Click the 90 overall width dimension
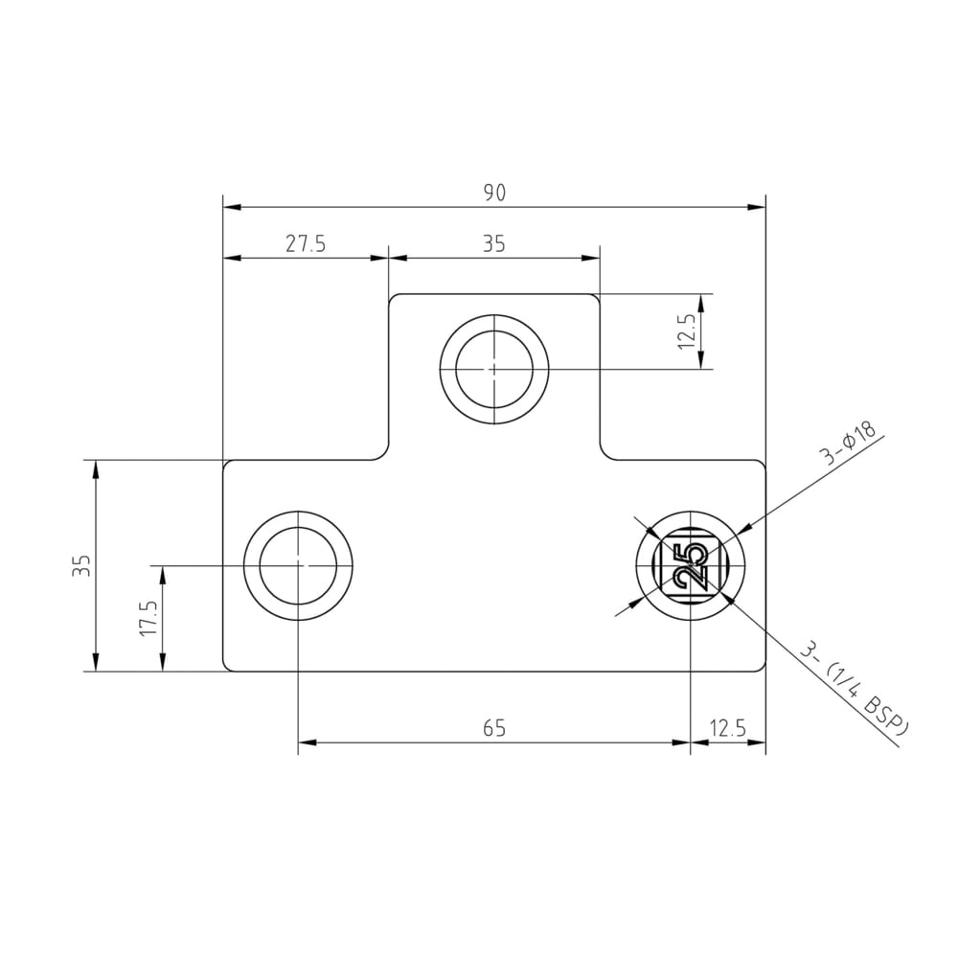(x=493, y=193)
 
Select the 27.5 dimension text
(x=306, y=244)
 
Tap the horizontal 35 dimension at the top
(x=493, y=244)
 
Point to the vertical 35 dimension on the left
(x=81, y=565)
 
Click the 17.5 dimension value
(x=148, y=619)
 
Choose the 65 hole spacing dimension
(x=493, y=729)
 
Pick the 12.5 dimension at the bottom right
(x=728, y=729)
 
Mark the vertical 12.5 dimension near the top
(x=687, y=331)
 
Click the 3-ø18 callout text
(x=849, y=442)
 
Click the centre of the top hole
(x=493, y=368)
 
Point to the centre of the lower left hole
(x=298, y=566)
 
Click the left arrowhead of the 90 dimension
(x=230, y=207)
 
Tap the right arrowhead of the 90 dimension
(x=759, y=207)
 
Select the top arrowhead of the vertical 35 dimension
(x=96, y=468)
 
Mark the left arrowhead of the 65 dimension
(x=306, y=742)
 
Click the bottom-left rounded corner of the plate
(x=227, y=667)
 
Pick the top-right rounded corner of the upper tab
(x=595, y=298)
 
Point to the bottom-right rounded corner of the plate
(x=762, y=667)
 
